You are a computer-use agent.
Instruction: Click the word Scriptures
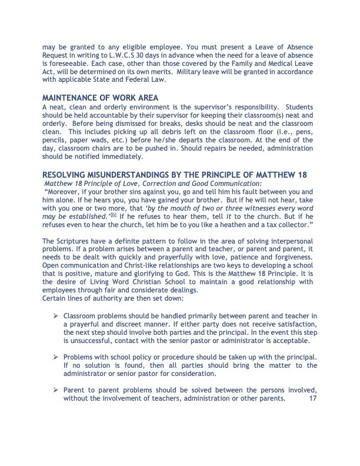pos(77,242)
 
